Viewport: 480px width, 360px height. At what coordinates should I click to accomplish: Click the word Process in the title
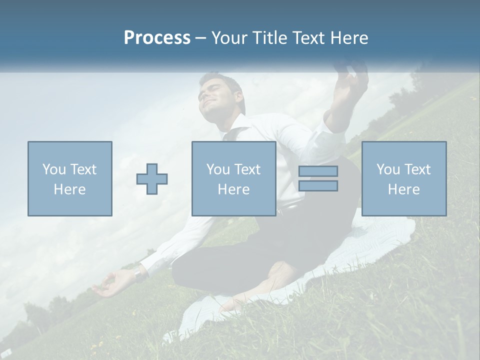[157, 38]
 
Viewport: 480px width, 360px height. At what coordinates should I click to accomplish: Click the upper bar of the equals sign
[318, 171]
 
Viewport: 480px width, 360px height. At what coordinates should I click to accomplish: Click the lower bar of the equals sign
[318, 186]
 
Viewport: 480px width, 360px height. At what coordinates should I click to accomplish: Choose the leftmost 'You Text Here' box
[70, 178]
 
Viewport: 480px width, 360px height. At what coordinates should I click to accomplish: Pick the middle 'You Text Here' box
[233, 178]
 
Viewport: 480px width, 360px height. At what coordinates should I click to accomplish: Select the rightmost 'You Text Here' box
[404, 178]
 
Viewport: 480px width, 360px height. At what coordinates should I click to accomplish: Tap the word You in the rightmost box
[387, 169]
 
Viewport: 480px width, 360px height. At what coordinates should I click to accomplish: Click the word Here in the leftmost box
[70, 189]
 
